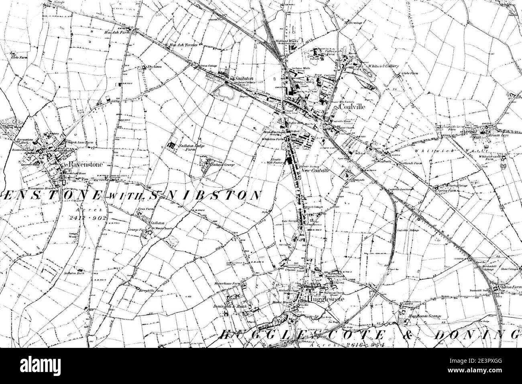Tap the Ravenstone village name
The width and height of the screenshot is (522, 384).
coord(80,165)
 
